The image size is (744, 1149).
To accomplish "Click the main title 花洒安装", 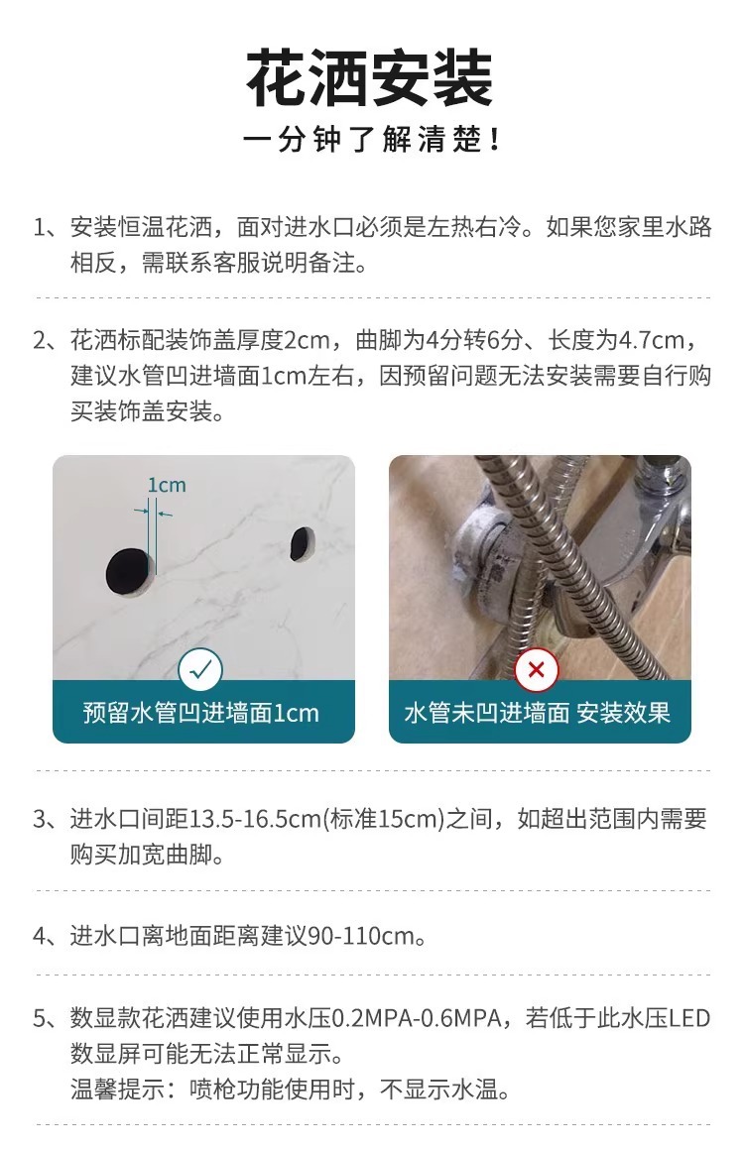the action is [x=369, y=78].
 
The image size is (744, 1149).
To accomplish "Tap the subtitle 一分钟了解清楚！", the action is [x=371, y=139].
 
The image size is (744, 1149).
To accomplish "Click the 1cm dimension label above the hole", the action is [x=167, y=485].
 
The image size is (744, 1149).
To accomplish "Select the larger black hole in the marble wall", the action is [x=130, y=571].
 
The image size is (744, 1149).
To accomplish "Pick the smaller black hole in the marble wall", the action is [x=302, y=543].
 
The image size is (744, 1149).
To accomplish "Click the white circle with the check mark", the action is [x=200, y=670].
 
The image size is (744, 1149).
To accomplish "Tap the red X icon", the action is [x=536, y=670].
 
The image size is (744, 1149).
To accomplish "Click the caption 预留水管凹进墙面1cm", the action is [x=200, y=712].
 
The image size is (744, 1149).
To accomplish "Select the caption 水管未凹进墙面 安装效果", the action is [x=538, y=712].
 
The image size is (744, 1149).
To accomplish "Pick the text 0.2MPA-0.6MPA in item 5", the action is [x=417, y=1018].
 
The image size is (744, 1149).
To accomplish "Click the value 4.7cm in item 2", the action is [x=652, y=340].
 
